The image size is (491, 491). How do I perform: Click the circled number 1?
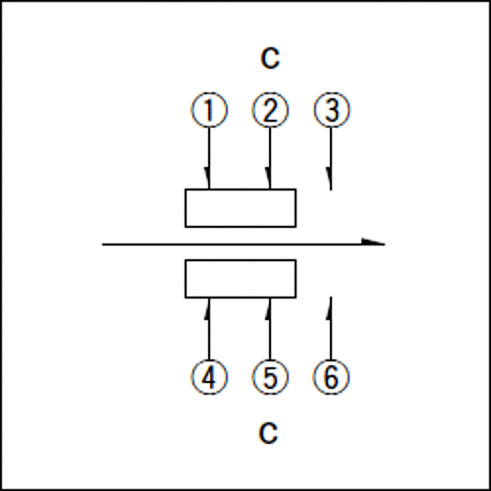pyautogui.click(x=209, y=110)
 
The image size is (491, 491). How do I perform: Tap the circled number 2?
pyautogui.click(x=270, y=110)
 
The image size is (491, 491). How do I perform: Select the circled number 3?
pyautogui.click(x=331, y=110)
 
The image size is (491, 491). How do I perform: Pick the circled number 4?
pyautogui.click(x=209, y=377)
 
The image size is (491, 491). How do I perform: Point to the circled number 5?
pyautogui.click(x=270, y=377)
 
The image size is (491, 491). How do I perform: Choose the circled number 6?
pyautogui.click(x=331, y=377)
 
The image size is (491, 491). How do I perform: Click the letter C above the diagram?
pyautogui.click(x=270, y=58)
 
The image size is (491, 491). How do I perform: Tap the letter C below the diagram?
pyautogui.click(x=268, y=433)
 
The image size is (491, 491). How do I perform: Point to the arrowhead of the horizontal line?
pyautogui.click(x=373, y=243)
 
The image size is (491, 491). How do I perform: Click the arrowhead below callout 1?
pyautogui.click(x=207, y=178)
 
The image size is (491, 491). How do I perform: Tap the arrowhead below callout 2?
pyautogui.click(x=268, y=178)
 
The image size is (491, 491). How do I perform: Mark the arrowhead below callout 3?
pyautogui.click(x=329, y=179)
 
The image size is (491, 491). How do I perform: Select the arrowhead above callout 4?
pyautogui.click(x=207, y=308)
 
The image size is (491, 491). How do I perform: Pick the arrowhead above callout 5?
pyautogui.click(x=268, y=308)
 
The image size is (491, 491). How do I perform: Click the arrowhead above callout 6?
pyautogui.click(x=329, y=307)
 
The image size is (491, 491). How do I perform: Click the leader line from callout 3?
pyautogui.click(x=331, y=159)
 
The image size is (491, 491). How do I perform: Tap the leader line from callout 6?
pyautogui.click(x=331, y=328)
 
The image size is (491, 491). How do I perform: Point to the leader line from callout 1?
pyautogui.click(x=209, y=158)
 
